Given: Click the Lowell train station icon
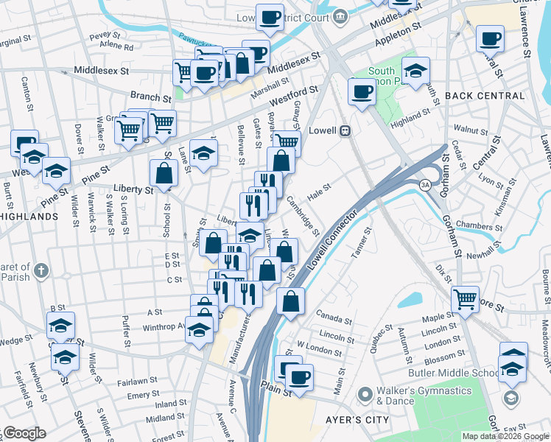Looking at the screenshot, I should coord(343,130).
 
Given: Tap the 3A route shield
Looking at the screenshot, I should coord(425,184).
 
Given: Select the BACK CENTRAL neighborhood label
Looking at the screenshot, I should coord(485,96).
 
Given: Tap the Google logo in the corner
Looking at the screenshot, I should coord(24,433).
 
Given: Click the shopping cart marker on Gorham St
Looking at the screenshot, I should coord(465,298).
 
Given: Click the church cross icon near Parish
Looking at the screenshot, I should coord(40,270).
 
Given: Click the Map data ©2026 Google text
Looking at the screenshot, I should coord(505,436).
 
